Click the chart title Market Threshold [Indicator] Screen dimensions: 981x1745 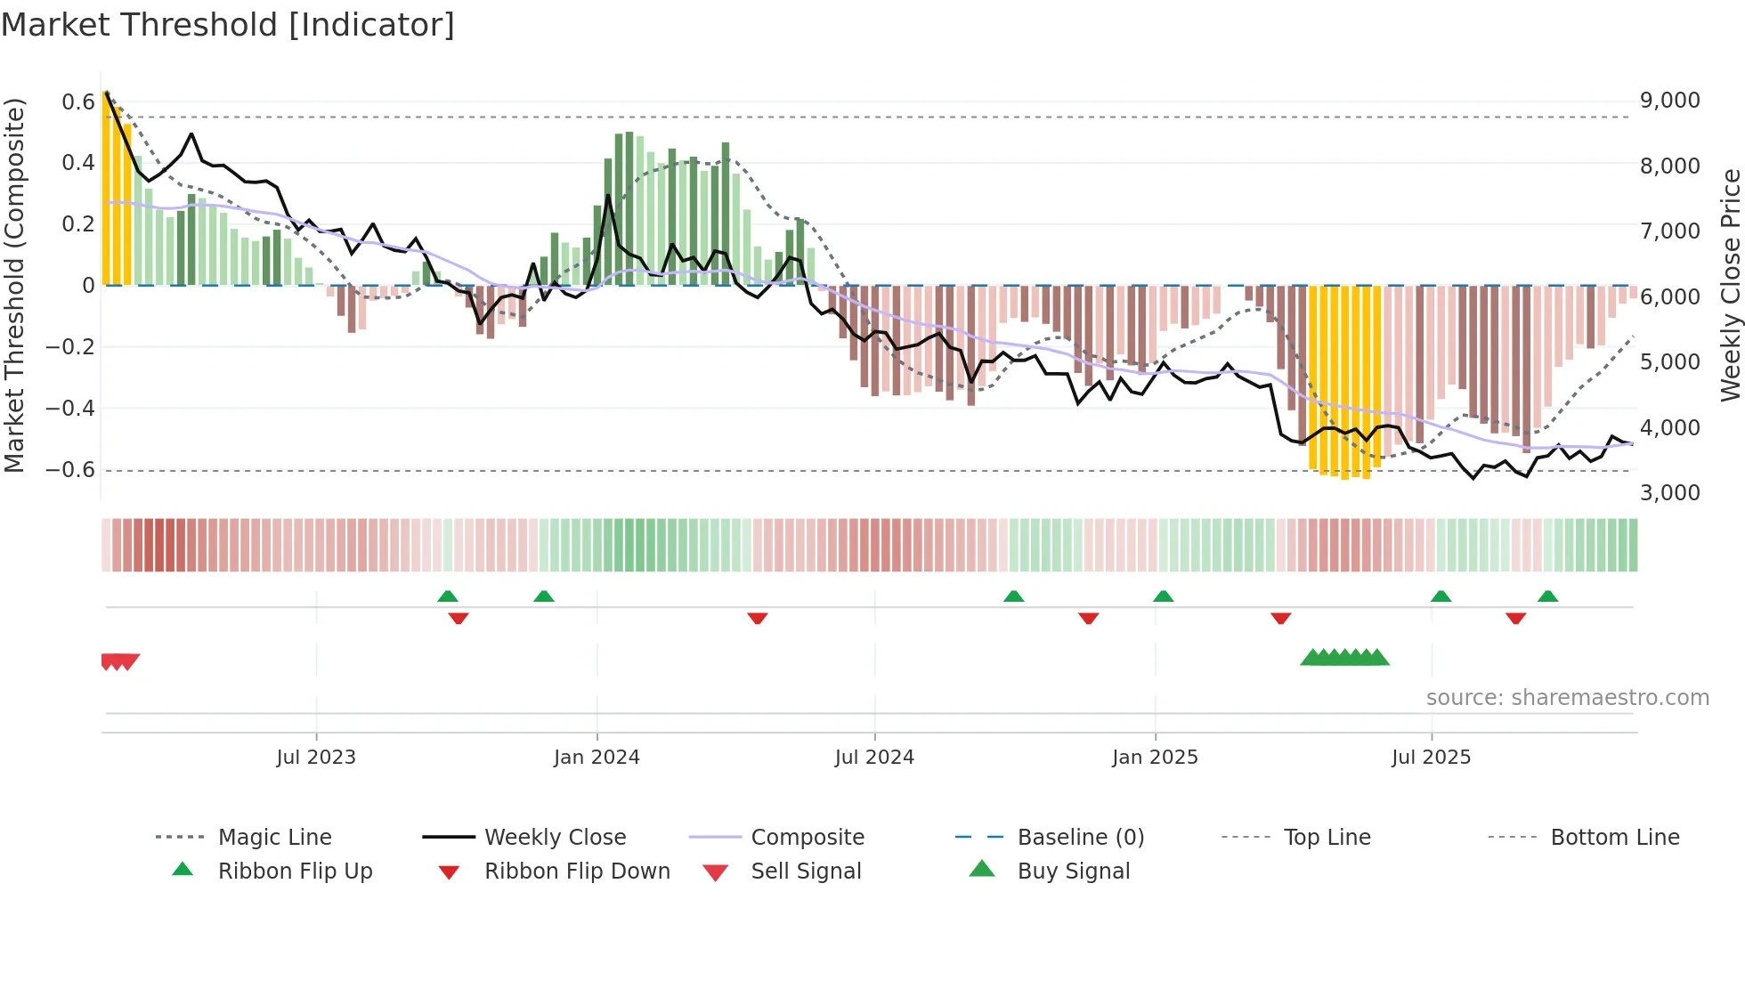tap(228, 25)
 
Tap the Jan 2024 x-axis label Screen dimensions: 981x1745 tap(597, 758)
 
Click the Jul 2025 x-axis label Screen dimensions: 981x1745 tap(1431, 758)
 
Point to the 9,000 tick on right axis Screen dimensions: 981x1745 tap(1669, 101)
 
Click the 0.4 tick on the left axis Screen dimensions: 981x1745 tap(77, 163)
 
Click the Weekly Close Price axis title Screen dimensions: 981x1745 tap(1730, 285)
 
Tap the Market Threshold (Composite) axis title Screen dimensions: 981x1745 tap(14, 285)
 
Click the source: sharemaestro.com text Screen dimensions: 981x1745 tap(1567, 698)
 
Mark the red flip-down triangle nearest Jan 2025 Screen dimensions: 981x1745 tap(1088, 618)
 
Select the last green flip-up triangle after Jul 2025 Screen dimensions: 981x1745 tap(1547, 596)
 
